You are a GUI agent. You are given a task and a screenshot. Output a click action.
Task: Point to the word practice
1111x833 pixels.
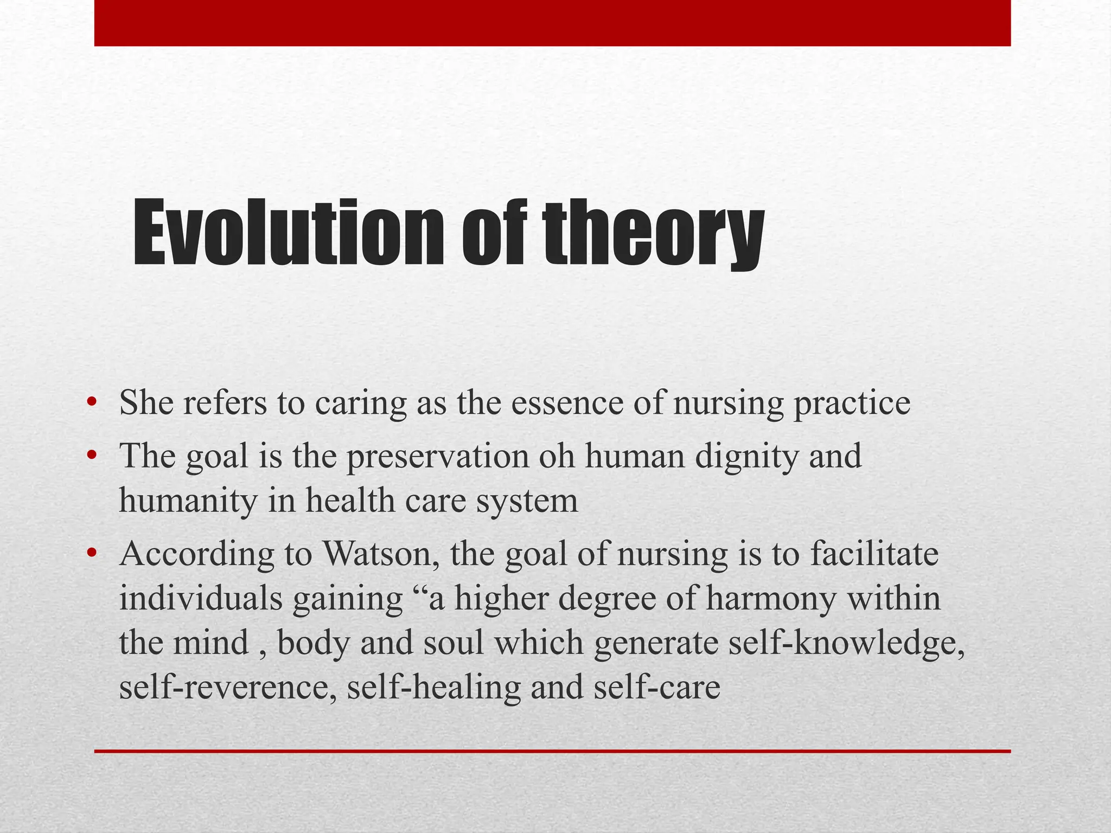pos(852,404)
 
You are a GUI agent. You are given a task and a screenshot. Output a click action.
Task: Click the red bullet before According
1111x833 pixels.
pos(92,553)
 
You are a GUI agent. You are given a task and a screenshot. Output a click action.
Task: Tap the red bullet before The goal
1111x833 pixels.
pos(92,454)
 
